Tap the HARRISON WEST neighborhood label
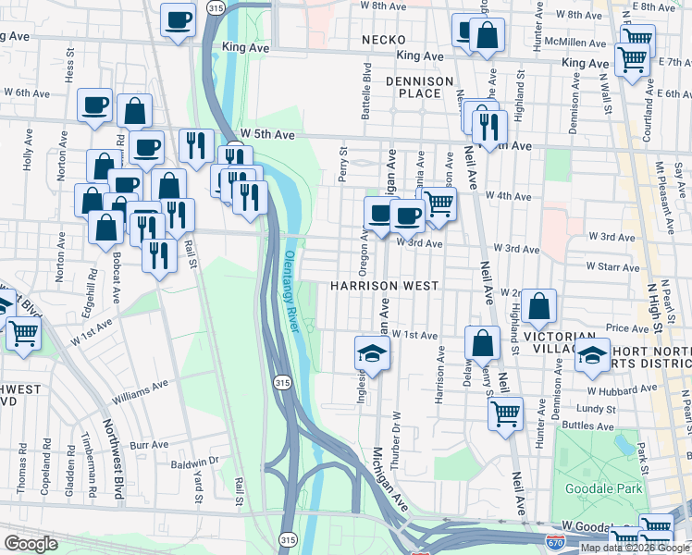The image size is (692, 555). pos(383,286)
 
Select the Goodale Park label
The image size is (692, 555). pos(597,487)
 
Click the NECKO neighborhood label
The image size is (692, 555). pos(384,39)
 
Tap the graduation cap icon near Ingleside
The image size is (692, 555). pos(372,353)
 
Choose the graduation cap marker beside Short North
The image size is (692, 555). pos(591,356)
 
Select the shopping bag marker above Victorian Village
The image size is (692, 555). pos(539,307)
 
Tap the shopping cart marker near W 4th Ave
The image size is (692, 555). pos(439,203)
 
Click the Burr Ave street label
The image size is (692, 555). pos(150,445)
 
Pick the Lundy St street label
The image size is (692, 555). pos(595,408)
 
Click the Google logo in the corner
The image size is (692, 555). pos(31,544)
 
